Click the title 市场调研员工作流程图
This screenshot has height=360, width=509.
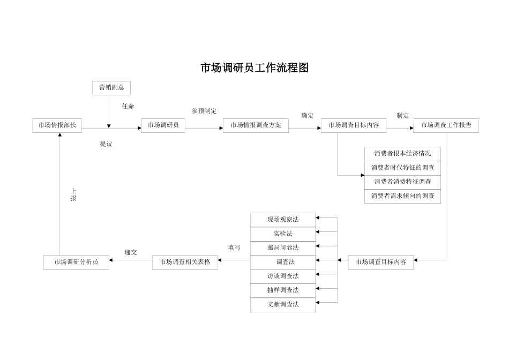(x=254, y=68)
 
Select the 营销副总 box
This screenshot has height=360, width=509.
(x=111, y=88)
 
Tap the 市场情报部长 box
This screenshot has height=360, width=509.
(x=57, y=125)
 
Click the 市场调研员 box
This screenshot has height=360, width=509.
(x=163, y=125)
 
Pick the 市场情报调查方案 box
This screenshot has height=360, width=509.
(x=256, y=125)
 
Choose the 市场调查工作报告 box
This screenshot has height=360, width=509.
(x=446, y=125)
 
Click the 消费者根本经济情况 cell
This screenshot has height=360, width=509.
(x=402, y=154)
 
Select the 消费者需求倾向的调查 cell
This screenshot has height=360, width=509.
(x=402, y=197)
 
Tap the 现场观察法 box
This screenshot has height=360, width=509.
(x=283, y=220)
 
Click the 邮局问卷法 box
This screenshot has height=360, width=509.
(x=283, y=248)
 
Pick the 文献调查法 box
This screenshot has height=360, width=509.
(x=283, y=305)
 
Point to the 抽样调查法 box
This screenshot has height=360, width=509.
(x=283, y=290)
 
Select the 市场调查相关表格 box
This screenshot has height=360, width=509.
(x=185, y=262)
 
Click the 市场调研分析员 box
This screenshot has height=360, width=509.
(x=76, y=262)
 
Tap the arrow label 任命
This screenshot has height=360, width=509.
(x=128, y=106)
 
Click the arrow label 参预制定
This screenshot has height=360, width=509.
(x=204, y=111)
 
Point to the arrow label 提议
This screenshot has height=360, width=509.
(x=106, y=144)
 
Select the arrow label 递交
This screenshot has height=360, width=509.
(x=131, y=252)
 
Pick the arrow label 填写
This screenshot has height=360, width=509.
(x=234, y=247)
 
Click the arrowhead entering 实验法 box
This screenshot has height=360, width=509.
(x=318, y=232)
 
